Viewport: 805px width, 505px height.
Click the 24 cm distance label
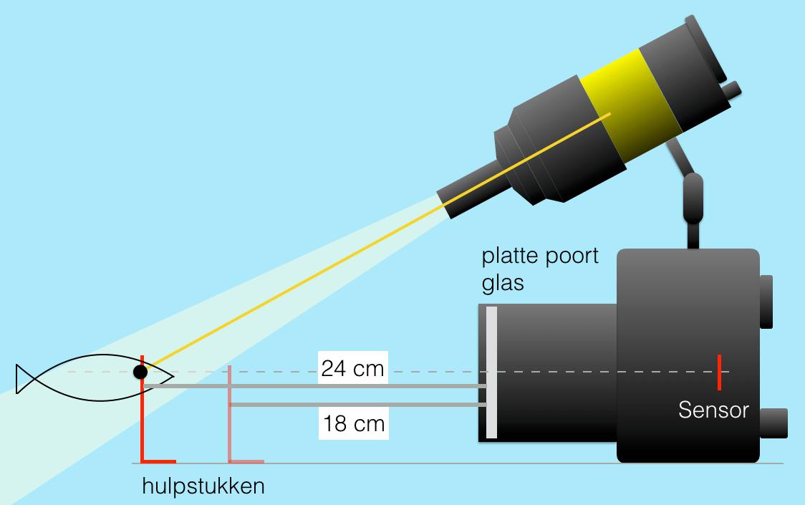pyautogui.click(x=353, y=369)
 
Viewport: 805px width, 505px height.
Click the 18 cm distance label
pyautogui.click(x=353, y=423)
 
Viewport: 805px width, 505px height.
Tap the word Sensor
pyautogui.click(x=713, y=410)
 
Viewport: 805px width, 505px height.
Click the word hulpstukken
pyautogui.click(x=203, y=486)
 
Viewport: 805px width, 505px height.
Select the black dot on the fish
pyautogui.click(x=140, y=372)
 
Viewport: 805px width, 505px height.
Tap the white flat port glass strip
pyautogui.click(x=491, y=372)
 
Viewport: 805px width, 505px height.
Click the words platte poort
pyautogui.click(x=539, y=256)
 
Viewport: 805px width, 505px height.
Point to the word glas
pyautogui.click(x=503, y=282)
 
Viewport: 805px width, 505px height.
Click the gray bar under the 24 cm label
pyautogui.click(x=315, y=387)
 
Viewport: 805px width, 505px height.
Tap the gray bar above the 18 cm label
pyautogui.click(x=358, y=405)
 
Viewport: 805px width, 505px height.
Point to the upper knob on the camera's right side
pyautogui.click(x=766, y=301)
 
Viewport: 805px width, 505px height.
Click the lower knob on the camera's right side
pyautogui.click(x=773, y=423)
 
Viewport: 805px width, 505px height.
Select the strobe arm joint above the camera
pyautogui.click(x=693, y=197)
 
